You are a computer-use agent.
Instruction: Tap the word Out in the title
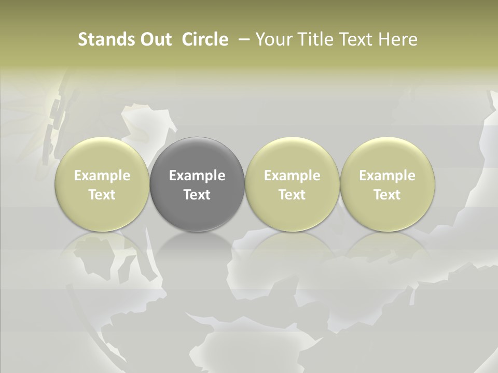pos(154,39)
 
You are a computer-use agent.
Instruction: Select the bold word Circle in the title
pos(205,39)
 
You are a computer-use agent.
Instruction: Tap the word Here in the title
pos(398,39)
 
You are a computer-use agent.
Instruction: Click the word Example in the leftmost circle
pos(102,176)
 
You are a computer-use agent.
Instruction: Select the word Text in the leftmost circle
pos(102,195)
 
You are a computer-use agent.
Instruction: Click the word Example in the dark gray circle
pos(197,176)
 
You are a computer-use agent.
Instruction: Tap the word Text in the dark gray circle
pos(197,195)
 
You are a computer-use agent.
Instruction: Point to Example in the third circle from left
pos(292,176)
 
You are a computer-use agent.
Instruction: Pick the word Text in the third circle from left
pos(292,195)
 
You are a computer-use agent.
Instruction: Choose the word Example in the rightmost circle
pos(387,176)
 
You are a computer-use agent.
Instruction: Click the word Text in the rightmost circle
pos(387,195)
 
